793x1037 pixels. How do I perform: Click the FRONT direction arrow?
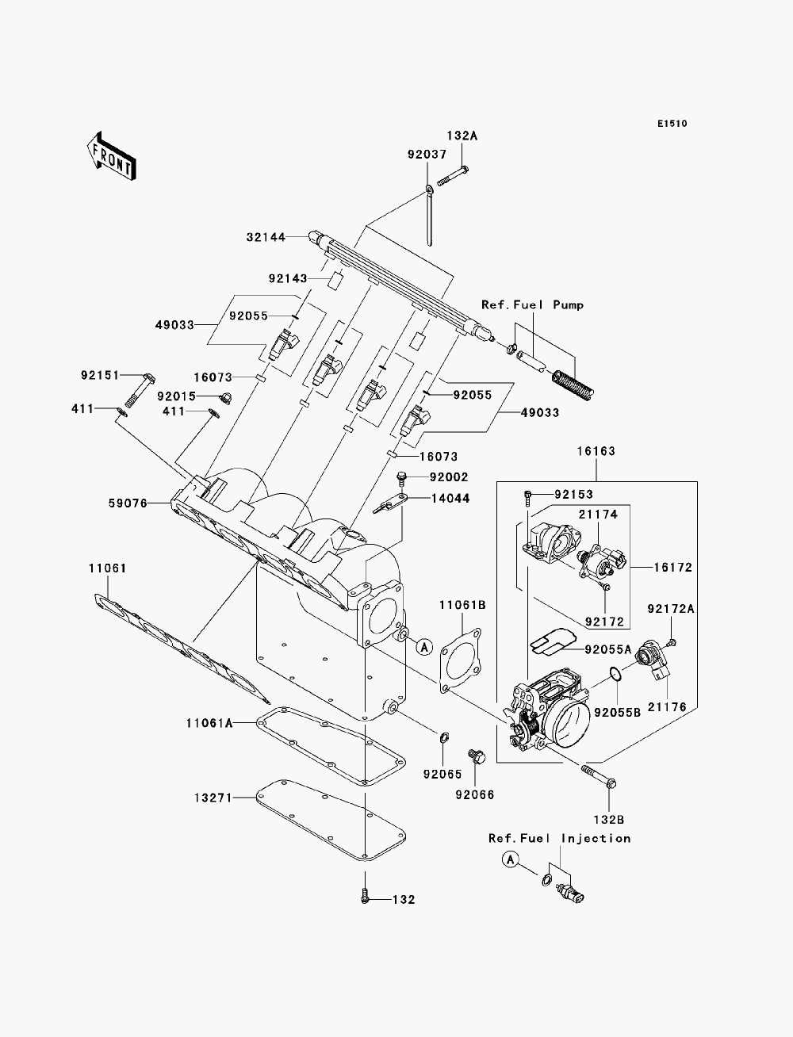click(112, 155)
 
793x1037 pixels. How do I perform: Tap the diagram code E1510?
click(672, 124)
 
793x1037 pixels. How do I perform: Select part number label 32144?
click(266, 237)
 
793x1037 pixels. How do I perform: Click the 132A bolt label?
click(462, 136)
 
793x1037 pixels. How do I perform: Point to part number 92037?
click(427, 155)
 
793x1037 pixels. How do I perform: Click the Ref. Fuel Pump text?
click(533, 304)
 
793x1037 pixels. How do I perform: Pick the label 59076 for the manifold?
click(128, 503)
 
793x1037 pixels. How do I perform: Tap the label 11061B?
click(462, 605)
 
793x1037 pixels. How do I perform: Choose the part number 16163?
click(596, 451)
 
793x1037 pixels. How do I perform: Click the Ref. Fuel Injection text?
click(560, 838)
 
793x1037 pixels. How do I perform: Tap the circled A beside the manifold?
click(424, 647)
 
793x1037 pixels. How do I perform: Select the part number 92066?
click(474, 794)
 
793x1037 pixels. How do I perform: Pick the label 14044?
click(450, 499)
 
